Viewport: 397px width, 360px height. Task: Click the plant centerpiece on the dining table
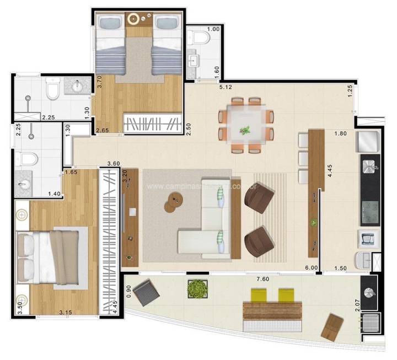(x=244, y=131)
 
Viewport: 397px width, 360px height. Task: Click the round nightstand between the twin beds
(x=133, y=19)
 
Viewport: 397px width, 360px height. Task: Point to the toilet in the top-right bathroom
(x=198, y=37)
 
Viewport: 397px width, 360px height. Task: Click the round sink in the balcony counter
(x=368, y=287)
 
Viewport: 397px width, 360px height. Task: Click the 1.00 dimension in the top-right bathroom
(x=213, y=29)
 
